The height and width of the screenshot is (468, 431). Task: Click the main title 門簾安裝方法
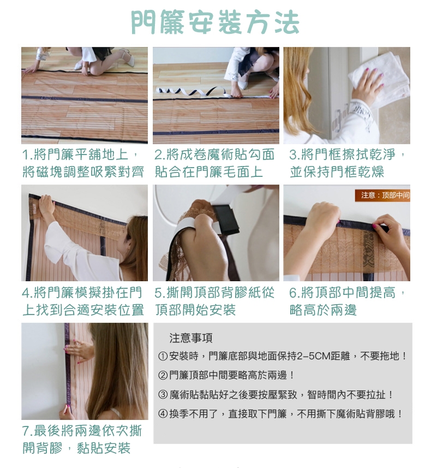(215, 22)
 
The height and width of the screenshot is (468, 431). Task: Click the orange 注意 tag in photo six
(382, 195)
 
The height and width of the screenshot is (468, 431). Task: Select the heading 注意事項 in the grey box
(190, 338)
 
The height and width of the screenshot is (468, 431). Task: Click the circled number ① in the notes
(163, 356)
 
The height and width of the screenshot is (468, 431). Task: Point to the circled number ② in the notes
(163, 375)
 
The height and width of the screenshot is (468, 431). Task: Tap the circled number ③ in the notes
(163, 395)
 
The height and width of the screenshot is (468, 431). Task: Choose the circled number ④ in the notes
(163, 414)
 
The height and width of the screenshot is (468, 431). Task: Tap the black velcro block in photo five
(226, 220)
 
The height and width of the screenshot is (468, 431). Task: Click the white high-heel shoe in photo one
(128, 58)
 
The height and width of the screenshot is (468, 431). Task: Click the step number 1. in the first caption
(28, 155)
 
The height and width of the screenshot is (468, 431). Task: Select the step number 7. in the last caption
(28, 431)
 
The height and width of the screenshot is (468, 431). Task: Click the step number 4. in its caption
(28, 293)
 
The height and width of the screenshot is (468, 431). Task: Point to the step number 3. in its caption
(295, 155)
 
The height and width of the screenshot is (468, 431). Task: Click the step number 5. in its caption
(160, 293)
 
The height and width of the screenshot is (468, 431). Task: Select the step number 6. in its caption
(295, 293)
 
